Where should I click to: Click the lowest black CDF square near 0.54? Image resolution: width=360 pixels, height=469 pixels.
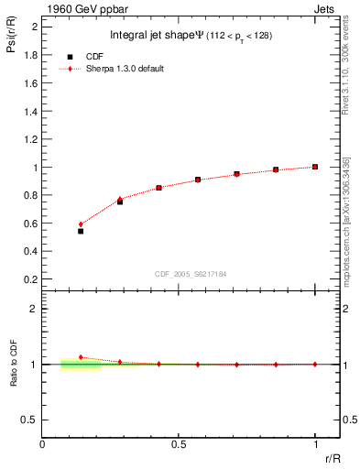[81, 231]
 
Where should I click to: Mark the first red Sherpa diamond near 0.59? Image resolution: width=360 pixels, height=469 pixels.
[81, 224]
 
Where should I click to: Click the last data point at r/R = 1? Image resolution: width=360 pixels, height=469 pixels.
[315, 167]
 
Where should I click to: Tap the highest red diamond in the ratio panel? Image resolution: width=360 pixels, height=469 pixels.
[81, 357]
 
